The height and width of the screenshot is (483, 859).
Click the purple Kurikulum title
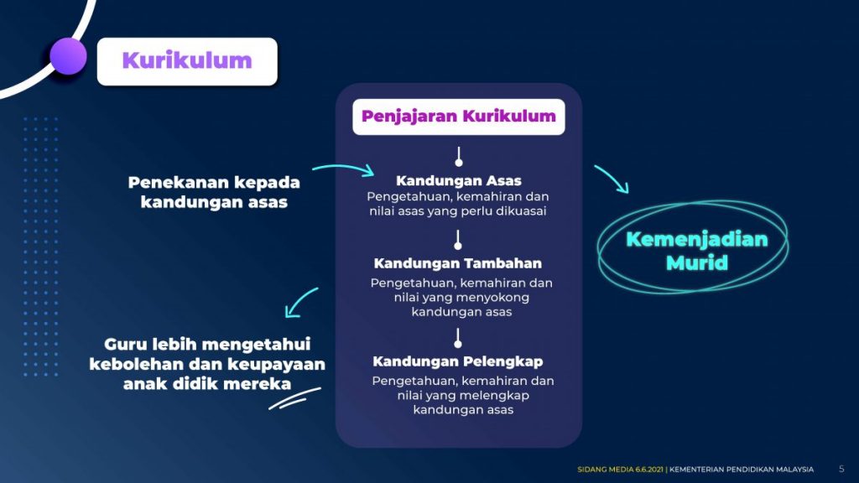click(x=187, y=60)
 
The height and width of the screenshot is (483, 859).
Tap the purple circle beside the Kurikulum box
click(x=68, y=56)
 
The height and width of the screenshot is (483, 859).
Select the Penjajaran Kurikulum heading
click(x=459, y=117)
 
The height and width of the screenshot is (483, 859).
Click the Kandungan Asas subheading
click(x=459, y=181)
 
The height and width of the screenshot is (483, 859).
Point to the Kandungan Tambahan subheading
click(x=457, y=263)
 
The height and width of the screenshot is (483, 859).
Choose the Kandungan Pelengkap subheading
click(x=458, y=361)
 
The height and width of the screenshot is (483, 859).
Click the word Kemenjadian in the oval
click(x=697, y=239)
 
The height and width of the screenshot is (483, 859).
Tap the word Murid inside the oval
click(x=697, y=262)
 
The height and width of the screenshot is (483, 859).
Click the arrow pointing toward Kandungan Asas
click(x=344, y=169)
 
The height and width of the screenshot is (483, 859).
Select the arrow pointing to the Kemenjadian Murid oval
click(x=612, y=178)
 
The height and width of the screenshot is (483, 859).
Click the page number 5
click(x=841, y=469)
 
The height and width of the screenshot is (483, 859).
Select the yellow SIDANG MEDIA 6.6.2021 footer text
click(x=620, y=470)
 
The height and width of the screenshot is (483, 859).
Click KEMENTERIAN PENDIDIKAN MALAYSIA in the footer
click(x=742, y=470)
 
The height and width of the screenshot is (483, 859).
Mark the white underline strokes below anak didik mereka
click(x=294, y=398)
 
